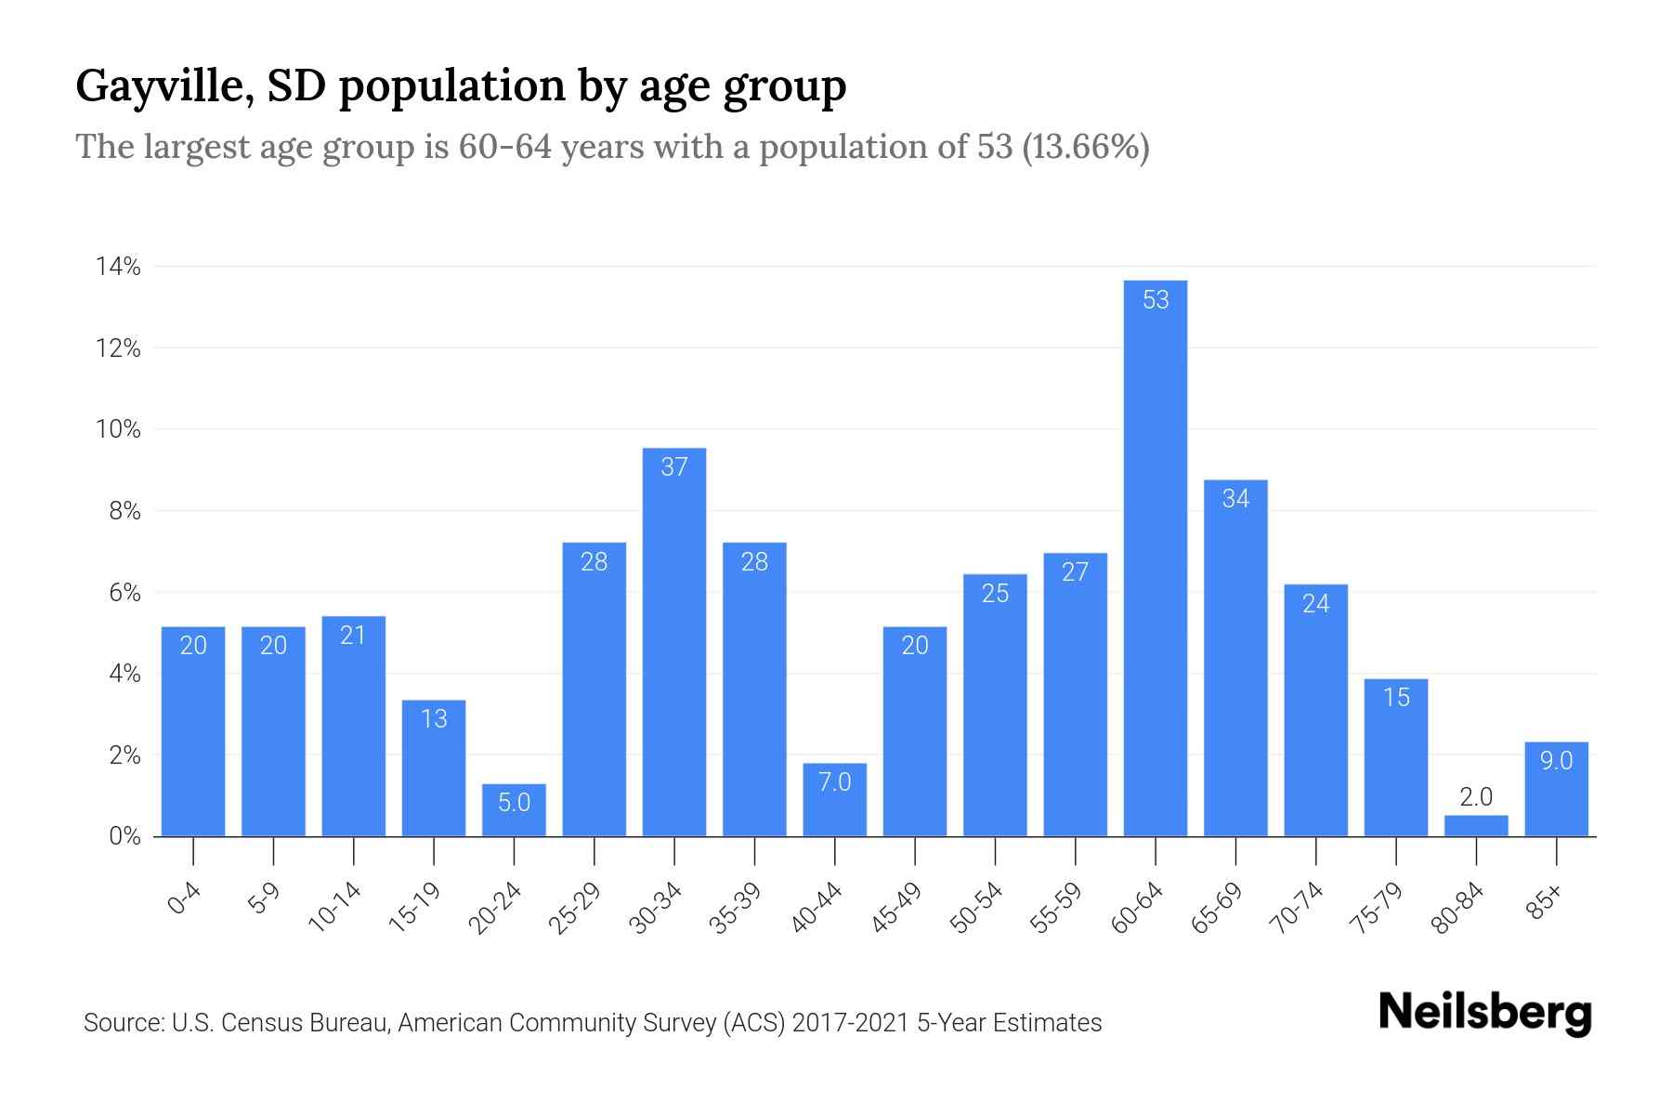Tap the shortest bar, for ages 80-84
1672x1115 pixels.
(x=1476, y=826)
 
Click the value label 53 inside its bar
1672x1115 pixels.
(x=1156, y=300)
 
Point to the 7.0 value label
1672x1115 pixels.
(x=834, y=782)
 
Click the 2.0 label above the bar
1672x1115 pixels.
(x=1475, y=797)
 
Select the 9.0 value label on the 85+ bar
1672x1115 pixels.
(x=1556, y=761)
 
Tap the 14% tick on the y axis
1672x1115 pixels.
(x=118, y=268)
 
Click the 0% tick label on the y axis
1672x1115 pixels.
(x=124, y=836)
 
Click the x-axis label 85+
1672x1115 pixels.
(x=1545, y=902)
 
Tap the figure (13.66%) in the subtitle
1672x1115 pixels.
(x=1085, y=147)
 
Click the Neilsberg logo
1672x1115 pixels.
(x=1484, y=1013)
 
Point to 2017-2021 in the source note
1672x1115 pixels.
(x=851, y=1023)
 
